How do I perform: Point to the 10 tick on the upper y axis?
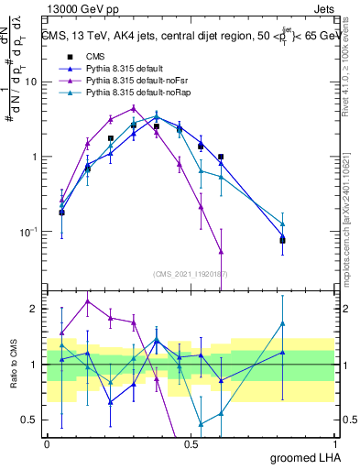point(34,82)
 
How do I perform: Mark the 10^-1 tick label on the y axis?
point(30,233)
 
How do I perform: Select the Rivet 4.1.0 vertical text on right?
point(351,73)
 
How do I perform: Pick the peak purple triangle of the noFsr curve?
point(134,108)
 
